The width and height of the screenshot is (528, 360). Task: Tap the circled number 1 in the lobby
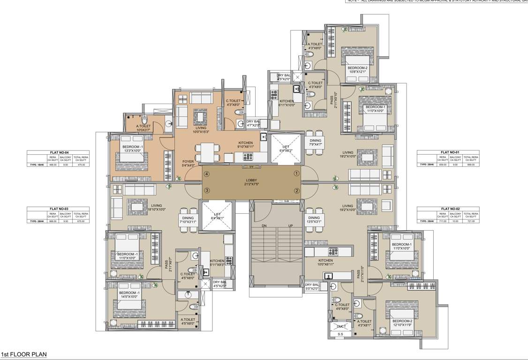tap(296, 173)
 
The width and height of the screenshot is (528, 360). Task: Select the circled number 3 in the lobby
tap(206, 190)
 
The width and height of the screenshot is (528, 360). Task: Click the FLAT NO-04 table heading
tap(59, 153)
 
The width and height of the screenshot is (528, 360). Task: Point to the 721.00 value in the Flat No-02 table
tap(471, 221)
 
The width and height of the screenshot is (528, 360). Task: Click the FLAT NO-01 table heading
tap(450, 153)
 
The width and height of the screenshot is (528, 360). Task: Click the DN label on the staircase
tap(264, 225)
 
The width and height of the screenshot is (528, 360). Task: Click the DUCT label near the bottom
tap(341, 326)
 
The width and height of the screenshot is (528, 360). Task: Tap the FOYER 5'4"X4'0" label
tap(188, 163)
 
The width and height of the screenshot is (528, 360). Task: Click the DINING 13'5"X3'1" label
tap(314, 220)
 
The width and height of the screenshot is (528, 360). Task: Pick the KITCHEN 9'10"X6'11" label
tap(245, 145)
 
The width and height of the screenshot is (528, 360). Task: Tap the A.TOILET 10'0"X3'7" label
tap(143, 128)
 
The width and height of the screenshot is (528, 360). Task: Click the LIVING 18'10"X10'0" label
tap(156, 208)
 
